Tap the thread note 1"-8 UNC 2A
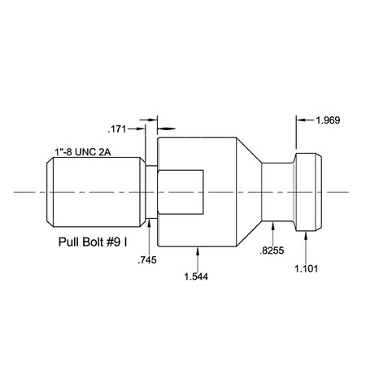(x=83, y=152)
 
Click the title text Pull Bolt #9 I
(x=96, y=242)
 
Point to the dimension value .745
(x=147, y=259)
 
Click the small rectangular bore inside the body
(x=180, y=191)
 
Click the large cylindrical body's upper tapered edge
(x=248, y=150)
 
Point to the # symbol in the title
(x=115, y=242)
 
